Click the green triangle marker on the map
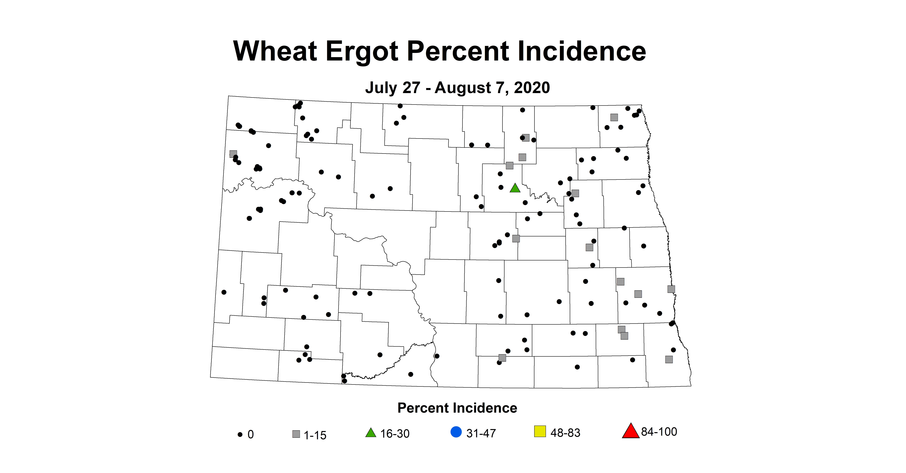[515, 188]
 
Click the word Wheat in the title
[275, 51]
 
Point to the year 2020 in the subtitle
[532, 88]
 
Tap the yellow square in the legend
[540, 431]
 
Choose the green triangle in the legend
[371, 433]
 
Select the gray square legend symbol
[296, 434]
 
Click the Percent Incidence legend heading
[457, 408]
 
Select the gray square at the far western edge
[233, 154]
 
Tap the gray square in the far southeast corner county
[669, 359]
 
